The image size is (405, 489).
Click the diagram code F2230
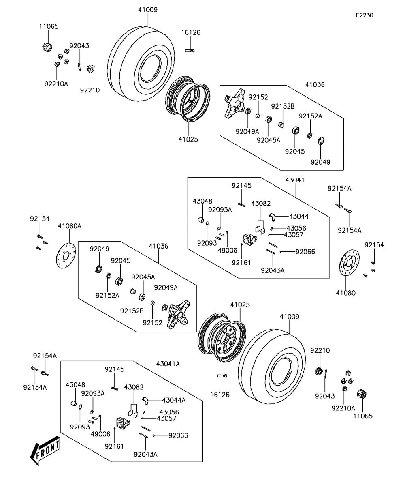[364, 15]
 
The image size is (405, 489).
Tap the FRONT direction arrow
[46, 449]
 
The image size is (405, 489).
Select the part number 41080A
[69, 226]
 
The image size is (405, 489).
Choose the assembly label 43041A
[168, 364]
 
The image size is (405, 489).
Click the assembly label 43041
[295, 180]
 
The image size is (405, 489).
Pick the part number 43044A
[173, 400]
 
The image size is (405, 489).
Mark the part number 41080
[345, 293]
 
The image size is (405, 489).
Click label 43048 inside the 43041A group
[75, 384]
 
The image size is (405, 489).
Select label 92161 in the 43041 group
[241, 262]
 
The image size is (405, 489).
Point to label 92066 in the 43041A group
[178, 435]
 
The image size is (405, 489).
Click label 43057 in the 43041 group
[294, 234]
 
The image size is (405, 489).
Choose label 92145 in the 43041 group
[241, 185]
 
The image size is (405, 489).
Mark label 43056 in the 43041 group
[296, 228]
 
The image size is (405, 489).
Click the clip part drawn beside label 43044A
[147, 401]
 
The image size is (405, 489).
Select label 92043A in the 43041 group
[272, 270]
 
